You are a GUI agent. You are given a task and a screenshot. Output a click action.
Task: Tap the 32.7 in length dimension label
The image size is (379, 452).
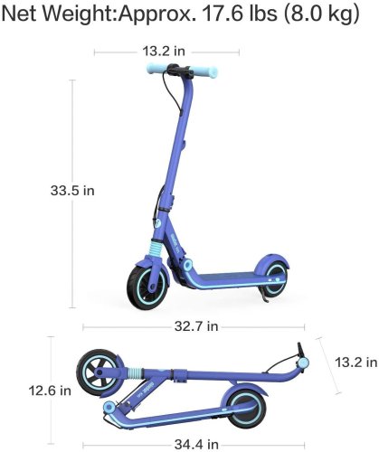[185, 324]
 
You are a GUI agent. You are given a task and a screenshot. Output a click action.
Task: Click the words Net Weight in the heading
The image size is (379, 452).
[63, 16]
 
